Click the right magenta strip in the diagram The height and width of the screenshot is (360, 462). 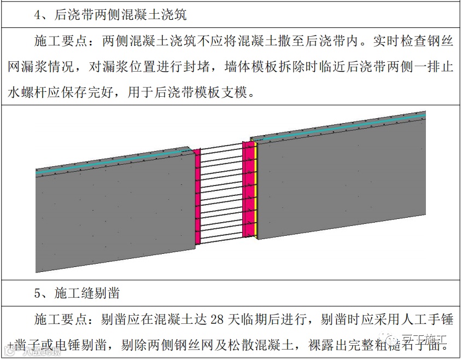click(248, 189)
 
